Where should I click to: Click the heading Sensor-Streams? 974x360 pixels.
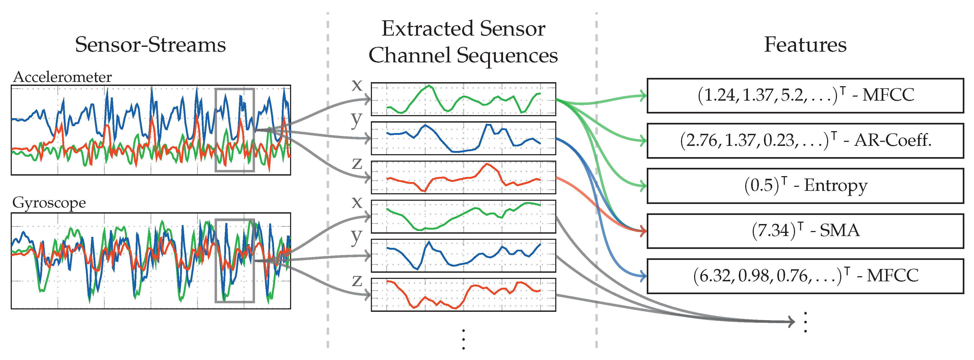point(150,45)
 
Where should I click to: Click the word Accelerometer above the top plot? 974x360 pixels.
point(62,77)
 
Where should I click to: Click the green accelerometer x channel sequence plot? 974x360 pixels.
point(463,99)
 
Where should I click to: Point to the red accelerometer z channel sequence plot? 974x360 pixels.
point(463,177)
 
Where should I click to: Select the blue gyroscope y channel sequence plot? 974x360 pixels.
point(463,255)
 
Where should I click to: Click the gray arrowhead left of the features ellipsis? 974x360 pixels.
point(791,322)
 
